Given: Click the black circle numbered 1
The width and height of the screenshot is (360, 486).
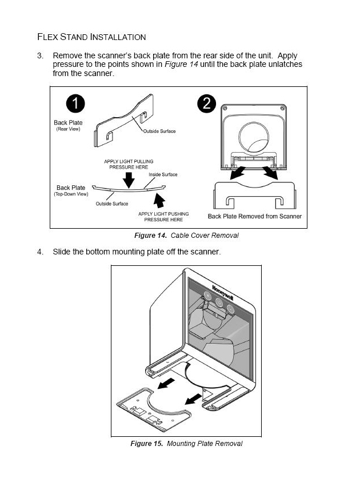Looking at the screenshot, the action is (x=75, y=103).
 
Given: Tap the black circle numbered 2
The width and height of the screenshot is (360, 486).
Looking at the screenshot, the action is (x=207, y=103).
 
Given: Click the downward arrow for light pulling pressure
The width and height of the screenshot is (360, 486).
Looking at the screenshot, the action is (x=129, y=180).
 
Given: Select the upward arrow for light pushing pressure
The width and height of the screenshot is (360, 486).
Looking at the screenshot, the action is (x=159, y=201).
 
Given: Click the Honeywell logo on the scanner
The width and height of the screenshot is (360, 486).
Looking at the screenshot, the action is (x=223, y=292).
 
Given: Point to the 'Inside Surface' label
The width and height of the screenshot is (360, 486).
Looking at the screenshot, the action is (x=163, y=174).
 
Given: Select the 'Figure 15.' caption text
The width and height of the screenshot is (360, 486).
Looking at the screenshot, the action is (x=146, y=444).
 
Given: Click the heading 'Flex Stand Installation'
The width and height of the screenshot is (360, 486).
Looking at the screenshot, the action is (x=91, y=37).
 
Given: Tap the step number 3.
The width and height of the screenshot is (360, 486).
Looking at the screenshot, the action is (x=40, y=56).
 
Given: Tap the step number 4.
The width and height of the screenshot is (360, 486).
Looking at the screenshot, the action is (x=40, y=252).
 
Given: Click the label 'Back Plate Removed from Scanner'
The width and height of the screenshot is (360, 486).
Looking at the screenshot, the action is (x=255, y=216).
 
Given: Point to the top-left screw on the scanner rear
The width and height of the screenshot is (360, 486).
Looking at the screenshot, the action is (x=225, y=108).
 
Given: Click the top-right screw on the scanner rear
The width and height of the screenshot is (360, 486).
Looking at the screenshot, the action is (x=282, y=108).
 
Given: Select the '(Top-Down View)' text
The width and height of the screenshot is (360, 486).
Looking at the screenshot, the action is (x=71, y=194).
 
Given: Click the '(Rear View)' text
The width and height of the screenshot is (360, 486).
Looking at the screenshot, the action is (x=68, y=129).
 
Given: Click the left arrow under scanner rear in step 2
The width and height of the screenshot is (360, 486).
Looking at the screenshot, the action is (x=237, y=173).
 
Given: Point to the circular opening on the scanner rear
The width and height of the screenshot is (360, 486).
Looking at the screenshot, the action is (x=254, y=137).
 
